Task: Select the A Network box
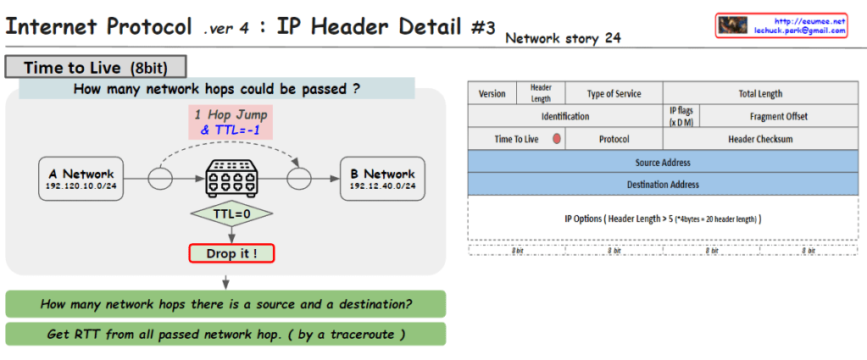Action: pyautogui.click(x=81, y=180)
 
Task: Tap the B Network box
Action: pyautogui.click(x=382, y=180)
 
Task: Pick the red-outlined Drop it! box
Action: pyautogui.click(x=231, y=252)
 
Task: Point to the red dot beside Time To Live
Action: pyautogui.click(x=557, y=138)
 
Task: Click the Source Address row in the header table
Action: pyautogui.click(x=663, y=162)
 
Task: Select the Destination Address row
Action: pyautogui.click(x=663, y=184)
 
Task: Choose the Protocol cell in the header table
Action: pyautogui.click(x=614, y=138)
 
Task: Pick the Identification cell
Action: pyautogui.click(x=564, y=116)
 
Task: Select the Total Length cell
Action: pyautogui.click(x=760, y=93)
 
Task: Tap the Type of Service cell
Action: pyautogui.click(x=614, y=93)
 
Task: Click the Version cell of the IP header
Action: pyautogui.click(x=492, y=93)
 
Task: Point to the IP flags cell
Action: pyautogui.click(x=681, y=116)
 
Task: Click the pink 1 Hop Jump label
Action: pyautogui.click(x=231, y=121)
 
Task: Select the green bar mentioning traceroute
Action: pyautogui.click(x=225, y=334)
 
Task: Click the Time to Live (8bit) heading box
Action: pyautogui.click(x=95, y=67)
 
